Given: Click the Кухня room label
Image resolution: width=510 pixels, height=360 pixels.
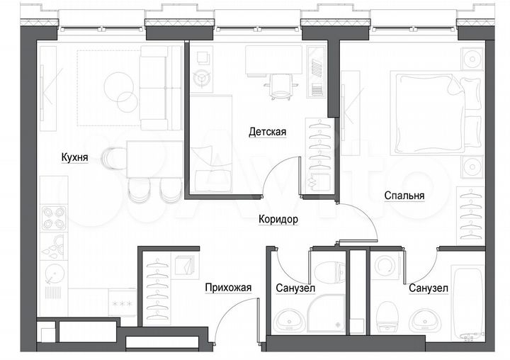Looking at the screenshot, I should (74, 159).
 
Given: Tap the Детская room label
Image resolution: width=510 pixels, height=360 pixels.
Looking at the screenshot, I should (267, 132).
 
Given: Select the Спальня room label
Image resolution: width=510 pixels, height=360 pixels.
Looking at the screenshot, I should (404, 196).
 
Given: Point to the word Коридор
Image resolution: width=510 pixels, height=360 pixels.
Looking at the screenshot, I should (278, 220).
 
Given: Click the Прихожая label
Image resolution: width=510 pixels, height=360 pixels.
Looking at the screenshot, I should (228, 288).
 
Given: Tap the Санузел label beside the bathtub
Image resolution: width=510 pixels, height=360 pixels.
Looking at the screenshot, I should (429, 288).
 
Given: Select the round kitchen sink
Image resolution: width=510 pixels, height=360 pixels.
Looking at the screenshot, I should (52, 273).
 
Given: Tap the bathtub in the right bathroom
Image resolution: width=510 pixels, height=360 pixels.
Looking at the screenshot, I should (467, 300).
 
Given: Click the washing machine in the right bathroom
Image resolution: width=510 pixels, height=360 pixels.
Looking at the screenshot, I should (386, 269).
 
